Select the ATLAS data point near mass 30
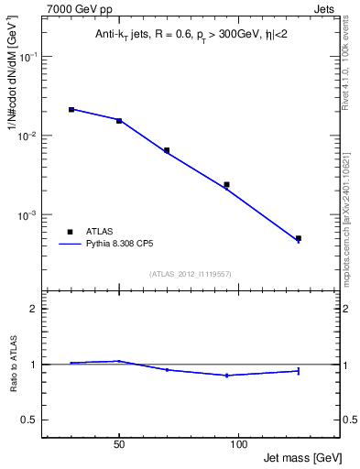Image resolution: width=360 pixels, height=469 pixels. click(71, 110)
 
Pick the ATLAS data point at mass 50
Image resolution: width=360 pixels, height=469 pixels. click(119, 121)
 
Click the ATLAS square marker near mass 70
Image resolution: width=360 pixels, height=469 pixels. click(167, 150)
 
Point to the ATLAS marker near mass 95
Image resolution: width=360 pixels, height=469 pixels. click(226, 184)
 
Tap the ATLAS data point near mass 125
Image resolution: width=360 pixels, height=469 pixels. click(299, 238)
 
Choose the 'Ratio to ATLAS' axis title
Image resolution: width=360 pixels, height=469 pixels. click(13, 365)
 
